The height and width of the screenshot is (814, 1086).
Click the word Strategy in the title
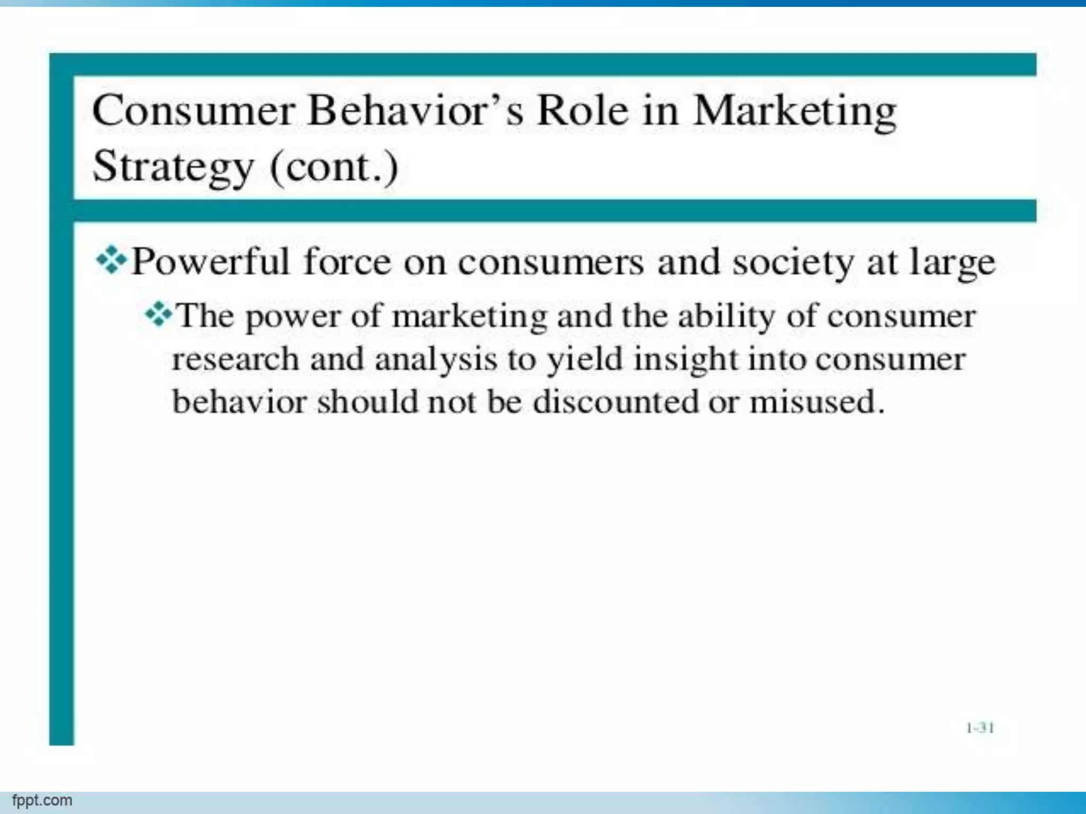(x=173, y=167)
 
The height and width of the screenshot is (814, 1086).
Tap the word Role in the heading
(x=582, y=111)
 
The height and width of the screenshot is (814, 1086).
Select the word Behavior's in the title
(x=415, y=111)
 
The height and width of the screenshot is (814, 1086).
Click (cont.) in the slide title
(x=334, y=167)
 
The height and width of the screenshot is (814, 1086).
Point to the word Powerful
(x=210, y=262)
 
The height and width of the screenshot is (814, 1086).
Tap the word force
(x=347, y=262)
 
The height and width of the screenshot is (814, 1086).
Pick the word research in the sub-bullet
(x=235, y=359)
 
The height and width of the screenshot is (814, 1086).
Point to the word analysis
(x=436, y=360)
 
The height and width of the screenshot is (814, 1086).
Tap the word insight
(x=686, y=360)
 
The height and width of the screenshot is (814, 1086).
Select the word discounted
(x=616, y=402)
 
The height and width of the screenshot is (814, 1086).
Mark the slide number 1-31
(x=980, y=728)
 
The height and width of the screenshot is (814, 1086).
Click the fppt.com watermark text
(x=42, y=800)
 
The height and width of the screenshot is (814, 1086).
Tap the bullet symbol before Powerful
(x=111, y=261)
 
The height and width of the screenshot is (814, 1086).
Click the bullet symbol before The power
(x=159, y=315)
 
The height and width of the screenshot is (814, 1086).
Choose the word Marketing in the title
(x=795, y=112)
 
